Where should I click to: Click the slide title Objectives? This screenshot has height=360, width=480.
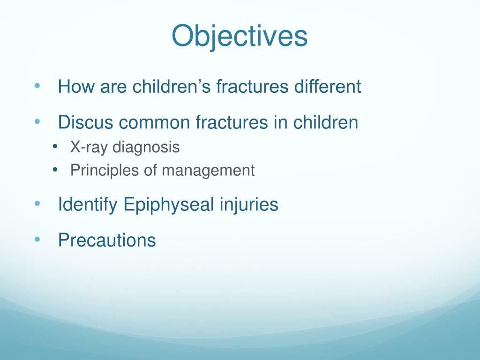coord(240,37)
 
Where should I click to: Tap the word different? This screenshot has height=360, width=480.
coord(328,86)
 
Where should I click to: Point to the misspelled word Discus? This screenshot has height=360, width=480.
coord(85,122)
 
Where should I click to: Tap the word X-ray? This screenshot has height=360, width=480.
coord(89,147)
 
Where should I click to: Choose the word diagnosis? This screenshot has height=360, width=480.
coord(146,147)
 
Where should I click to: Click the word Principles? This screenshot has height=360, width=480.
coord(105,171)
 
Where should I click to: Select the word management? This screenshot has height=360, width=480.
coord(208,171)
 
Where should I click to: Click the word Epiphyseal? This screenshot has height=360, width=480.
coord(168,204)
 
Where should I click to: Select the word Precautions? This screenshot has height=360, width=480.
coord(107,240)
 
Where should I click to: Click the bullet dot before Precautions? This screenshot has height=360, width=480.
coord(37,240)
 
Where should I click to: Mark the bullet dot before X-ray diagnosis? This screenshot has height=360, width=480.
coord(55,147)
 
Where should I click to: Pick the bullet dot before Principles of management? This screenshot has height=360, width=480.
coord(55,170)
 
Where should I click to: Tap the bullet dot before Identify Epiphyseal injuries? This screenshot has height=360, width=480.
coord(37,203)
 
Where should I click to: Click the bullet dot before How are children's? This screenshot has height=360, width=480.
coord(37,86)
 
